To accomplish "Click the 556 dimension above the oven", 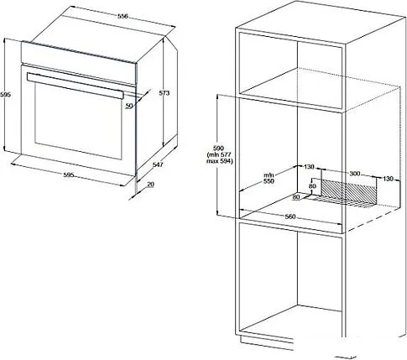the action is point(123,16).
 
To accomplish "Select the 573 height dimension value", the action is point(164,93).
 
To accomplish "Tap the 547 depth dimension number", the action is point(158,165).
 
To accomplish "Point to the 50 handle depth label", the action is point(128,106).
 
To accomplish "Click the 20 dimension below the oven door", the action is point(150,185).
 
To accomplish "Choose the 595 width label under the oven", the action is point(69,175).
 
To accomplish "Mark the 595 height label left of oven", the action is point(5,95).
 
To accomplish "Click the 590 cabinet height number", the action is point(219,148).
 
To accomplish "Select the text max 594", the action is point(220,161).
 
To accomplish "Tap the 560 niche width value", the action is point(290,217).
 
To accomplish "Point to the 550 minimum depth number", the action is point(269,181).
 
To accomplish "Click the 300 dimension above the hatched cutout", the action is point(355,174).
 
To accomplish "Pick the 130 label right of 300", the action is point(388,179).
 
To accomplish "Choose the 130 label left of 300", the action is point(309,167).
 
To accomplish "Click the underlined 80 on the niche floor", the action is point(296,197).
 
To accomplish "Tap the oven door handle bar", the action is point(75,86).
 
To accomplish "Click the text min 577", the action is point(219,154).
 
